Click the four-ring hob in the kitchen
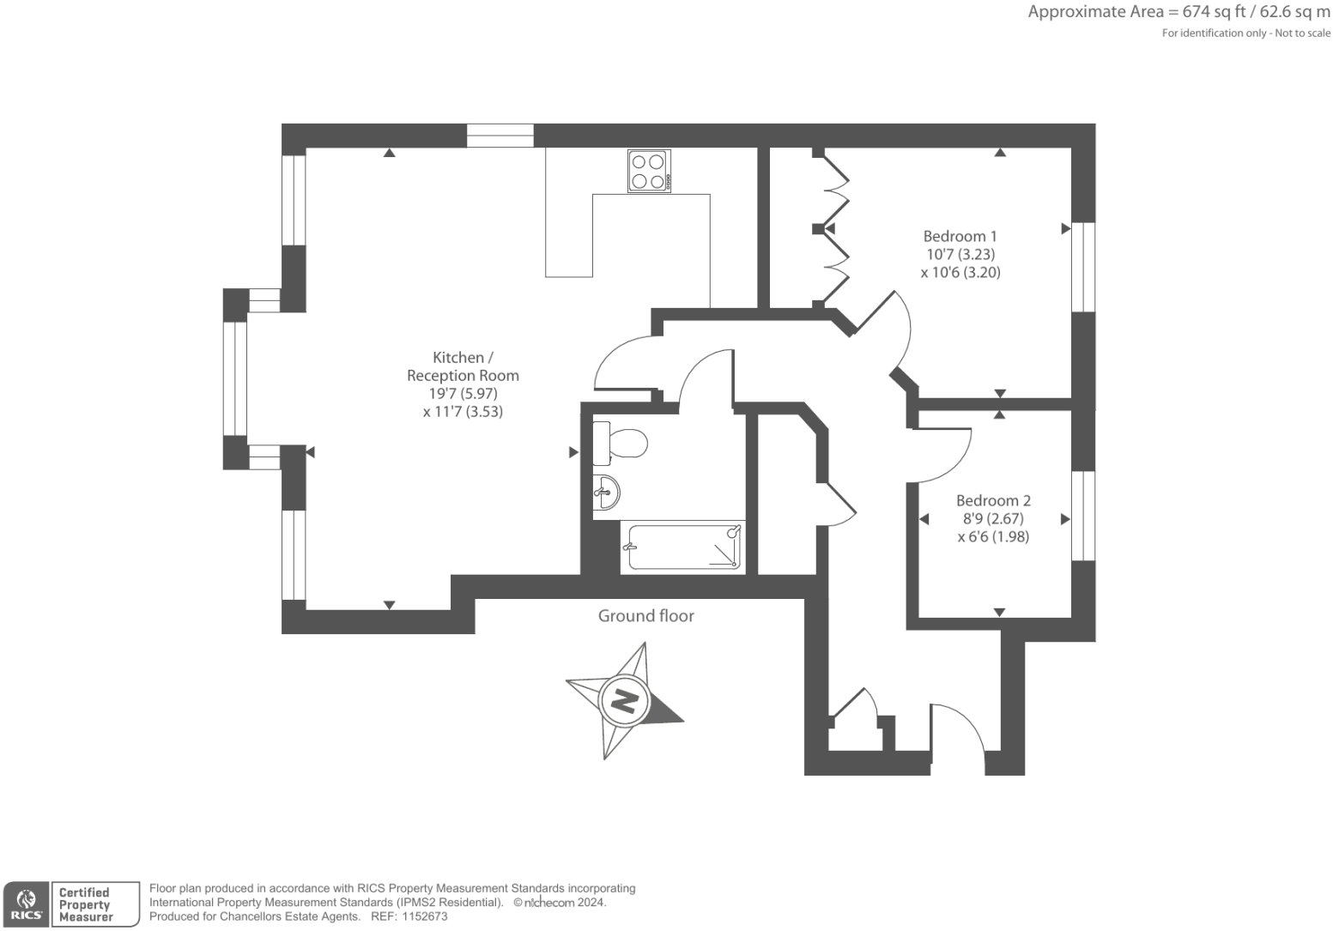pos(649,171)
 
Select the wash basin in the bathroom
pos(607,493)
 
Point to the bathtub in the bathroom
pos(683,547)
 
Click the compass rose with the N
pos(624,701)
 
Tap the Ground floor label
pos(645,616)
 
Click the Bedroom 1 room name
pos(960,236)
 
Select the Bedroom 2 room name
pos(993,500)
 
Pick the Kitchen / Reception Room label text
pos(463,366)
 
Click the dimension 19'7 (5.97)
pos(463,394)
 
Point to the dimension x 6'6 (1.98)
pos(993,537)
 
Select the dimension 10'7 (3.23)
pos(960,255)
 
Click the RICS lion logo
pos(27,904)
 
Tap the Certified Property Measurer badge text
pos(86,904)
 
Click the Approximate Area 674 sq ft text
pos(1178,12)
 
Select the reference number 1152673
pos(424,916)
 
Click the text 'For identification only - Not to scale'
pos(1245,33)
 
